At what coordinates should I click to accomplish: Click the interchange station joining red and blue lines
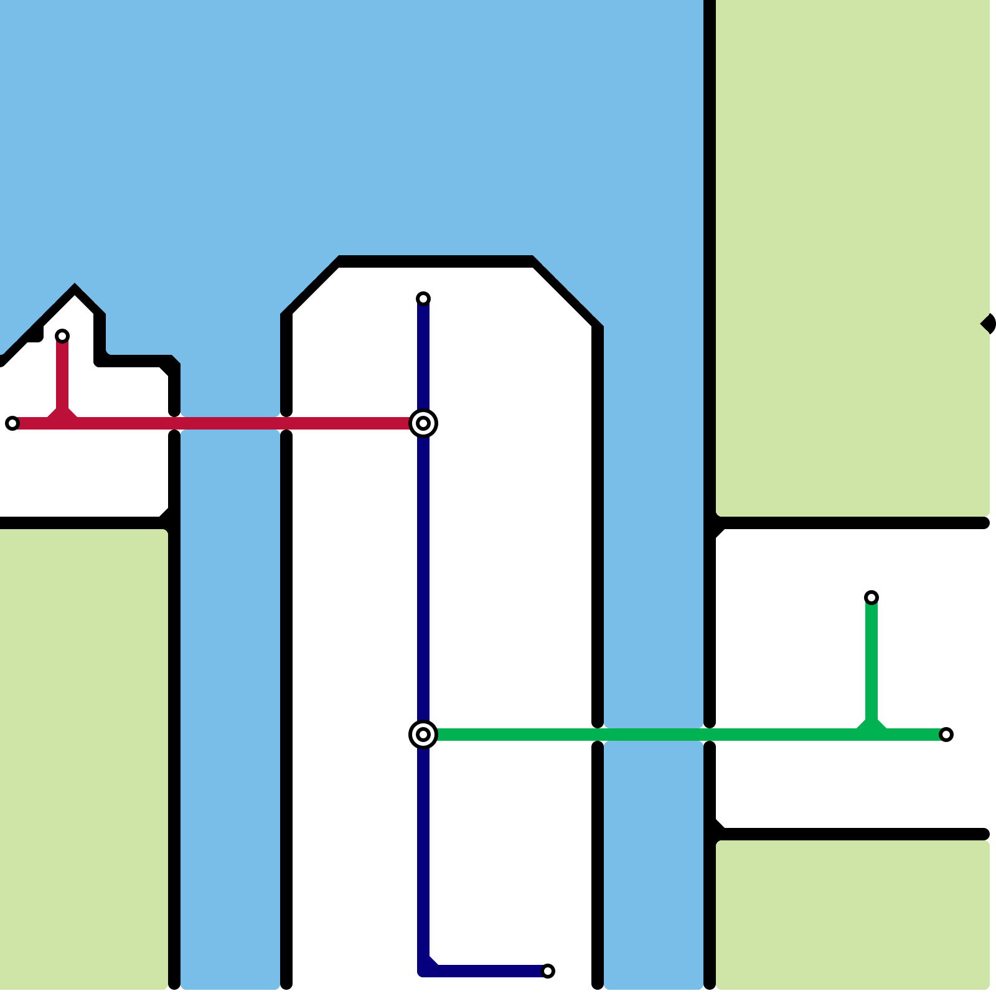(x=423, y=423)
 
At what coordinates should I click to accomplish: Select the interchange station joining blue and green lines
(x=423, y=735)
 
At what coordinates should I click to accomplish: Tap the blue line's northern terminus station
(x=423, y=299)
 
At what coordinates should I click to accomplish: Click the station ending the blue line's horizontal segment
(x=548, y=971)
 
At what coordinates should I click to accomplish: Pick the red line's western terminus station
(x=12, y=423)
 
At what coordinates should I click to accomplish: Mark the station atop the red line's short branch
(x=62, y=336)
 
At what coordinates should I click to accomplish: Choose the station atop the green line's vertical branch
(x=872, y=598)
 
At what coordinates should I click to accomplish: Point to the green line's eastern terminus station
(x=946, y=735)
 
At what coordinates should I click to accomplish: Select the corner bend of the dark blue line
(x=425, y=970)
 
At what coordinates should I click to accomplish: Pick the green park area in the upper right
(x=853, y=249)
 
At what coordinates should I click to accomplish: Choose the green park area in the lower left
(x=84, y=759)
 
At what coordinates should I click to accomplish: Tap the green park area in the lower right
(x=853, y=915)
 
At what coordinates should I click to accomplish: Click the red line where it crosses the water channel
(x=230, y=423)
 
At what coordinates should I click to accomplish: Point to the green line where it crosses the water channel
(x=654, y=735)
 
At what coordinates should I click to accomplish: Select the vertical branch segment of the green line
(x=872, y=660)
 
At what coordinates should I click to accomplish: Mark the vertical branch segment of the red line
(x=62, y=374)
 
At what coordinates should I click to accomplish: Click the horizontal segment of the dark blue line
(x=486, y=971)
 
